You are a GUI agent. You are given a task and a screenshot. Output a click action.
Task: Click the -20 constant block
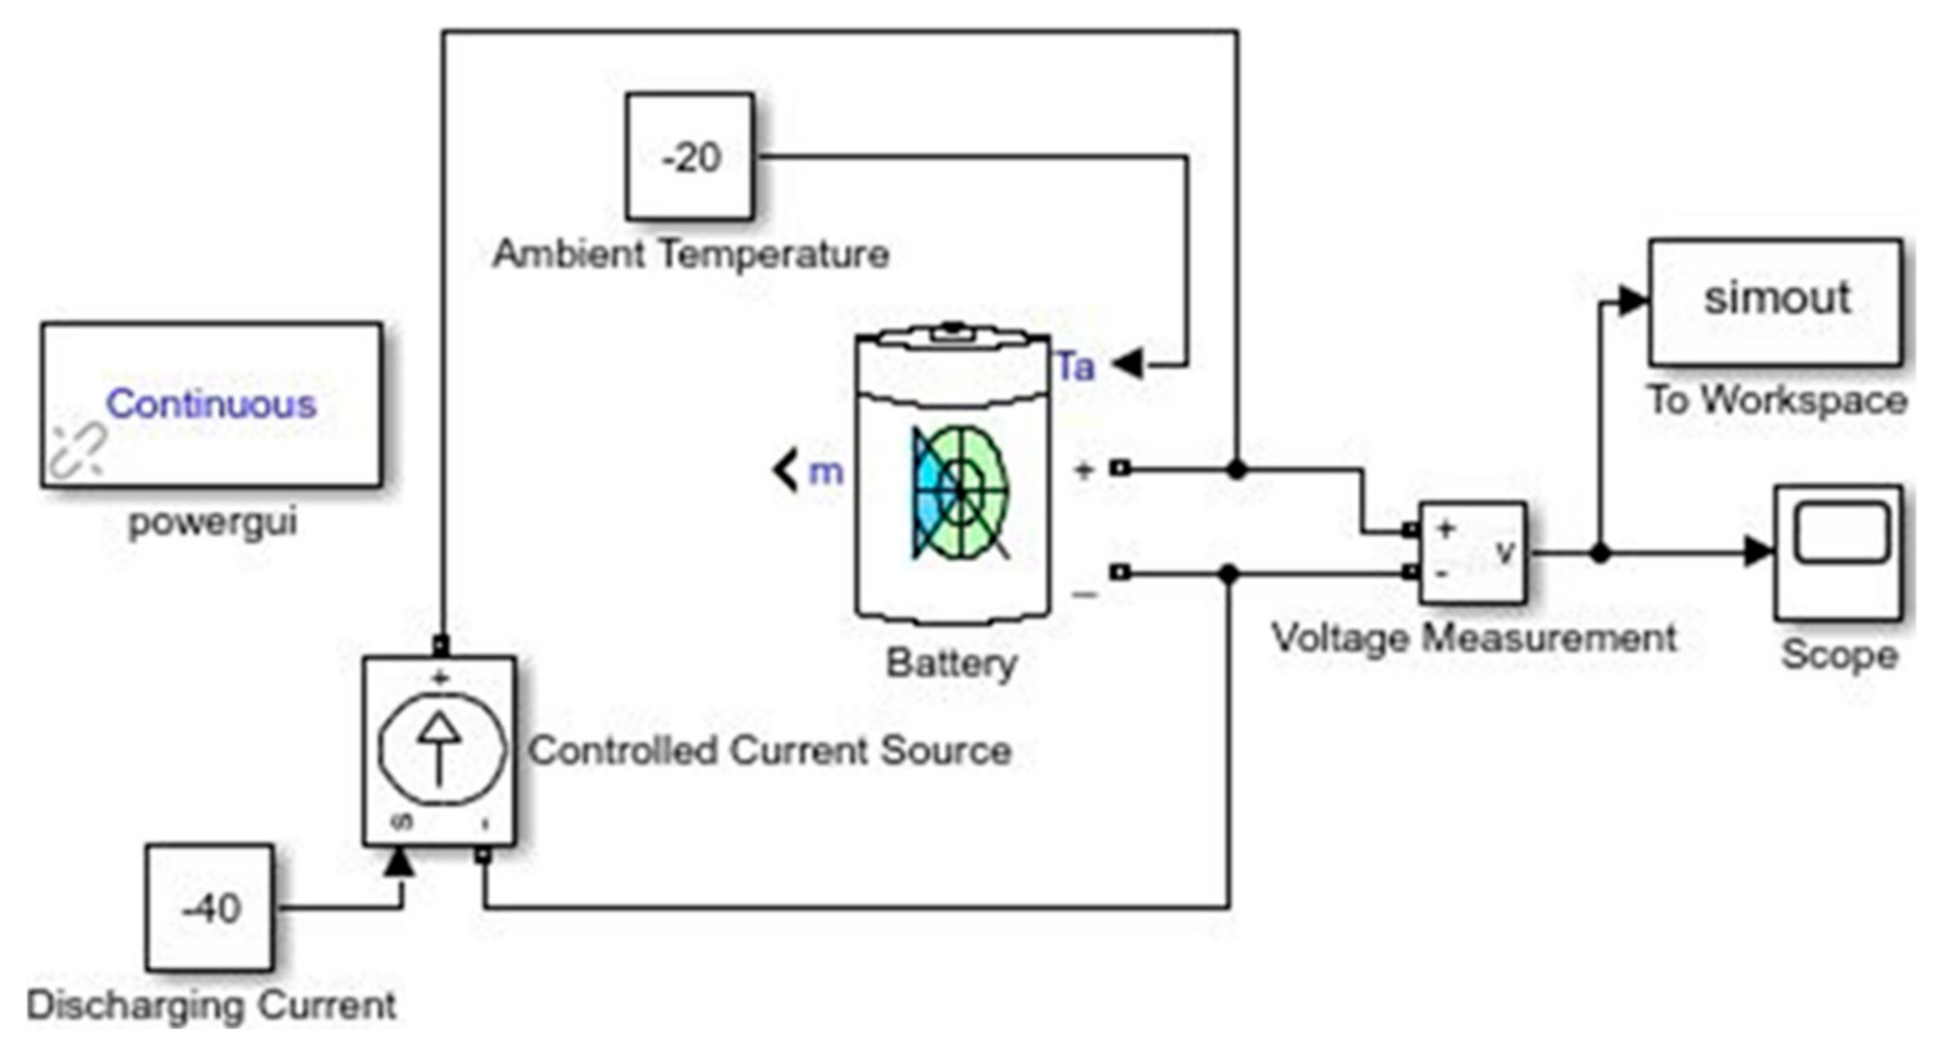pyautogui.click(x=690, y=157)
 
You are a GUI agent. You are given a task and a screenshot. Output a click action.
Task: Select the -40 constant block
pyautogui.click(x=210, y=908)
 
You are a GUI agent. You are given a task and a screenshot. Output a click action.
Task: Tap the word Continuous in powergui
pyautogui.click(x=211, y=404)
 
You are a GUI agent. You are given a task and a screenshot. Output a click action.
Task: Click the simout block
pyautogui.click(x=1775, y=302)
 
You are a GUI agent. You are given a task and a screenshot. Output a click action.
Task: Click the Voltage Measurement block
pyautogui.click(x=1472, y=553)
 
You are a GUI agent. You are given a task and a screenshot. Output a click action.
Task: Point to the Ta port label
pyautogui.click(x=1076, y=367)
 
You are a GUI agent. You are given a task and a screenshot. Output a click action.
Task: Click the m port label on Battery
pyautogui.click(x=825, y=472)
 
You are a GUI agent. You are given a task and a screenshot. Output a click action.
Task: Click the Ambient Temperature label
pyautogui.click(x=690, y=253)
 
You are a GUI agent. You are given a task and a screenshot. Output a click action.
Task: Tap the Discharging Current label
pyautogui.click(x=211, y=1006)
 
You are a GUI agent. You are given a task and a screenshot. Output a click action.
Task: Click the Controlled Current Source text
pyautogui.click(x=770, y=750)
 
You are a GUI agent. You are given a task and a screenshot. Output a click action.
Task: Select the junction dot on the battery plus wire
pyautogui.click(x=1237, y=470)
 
